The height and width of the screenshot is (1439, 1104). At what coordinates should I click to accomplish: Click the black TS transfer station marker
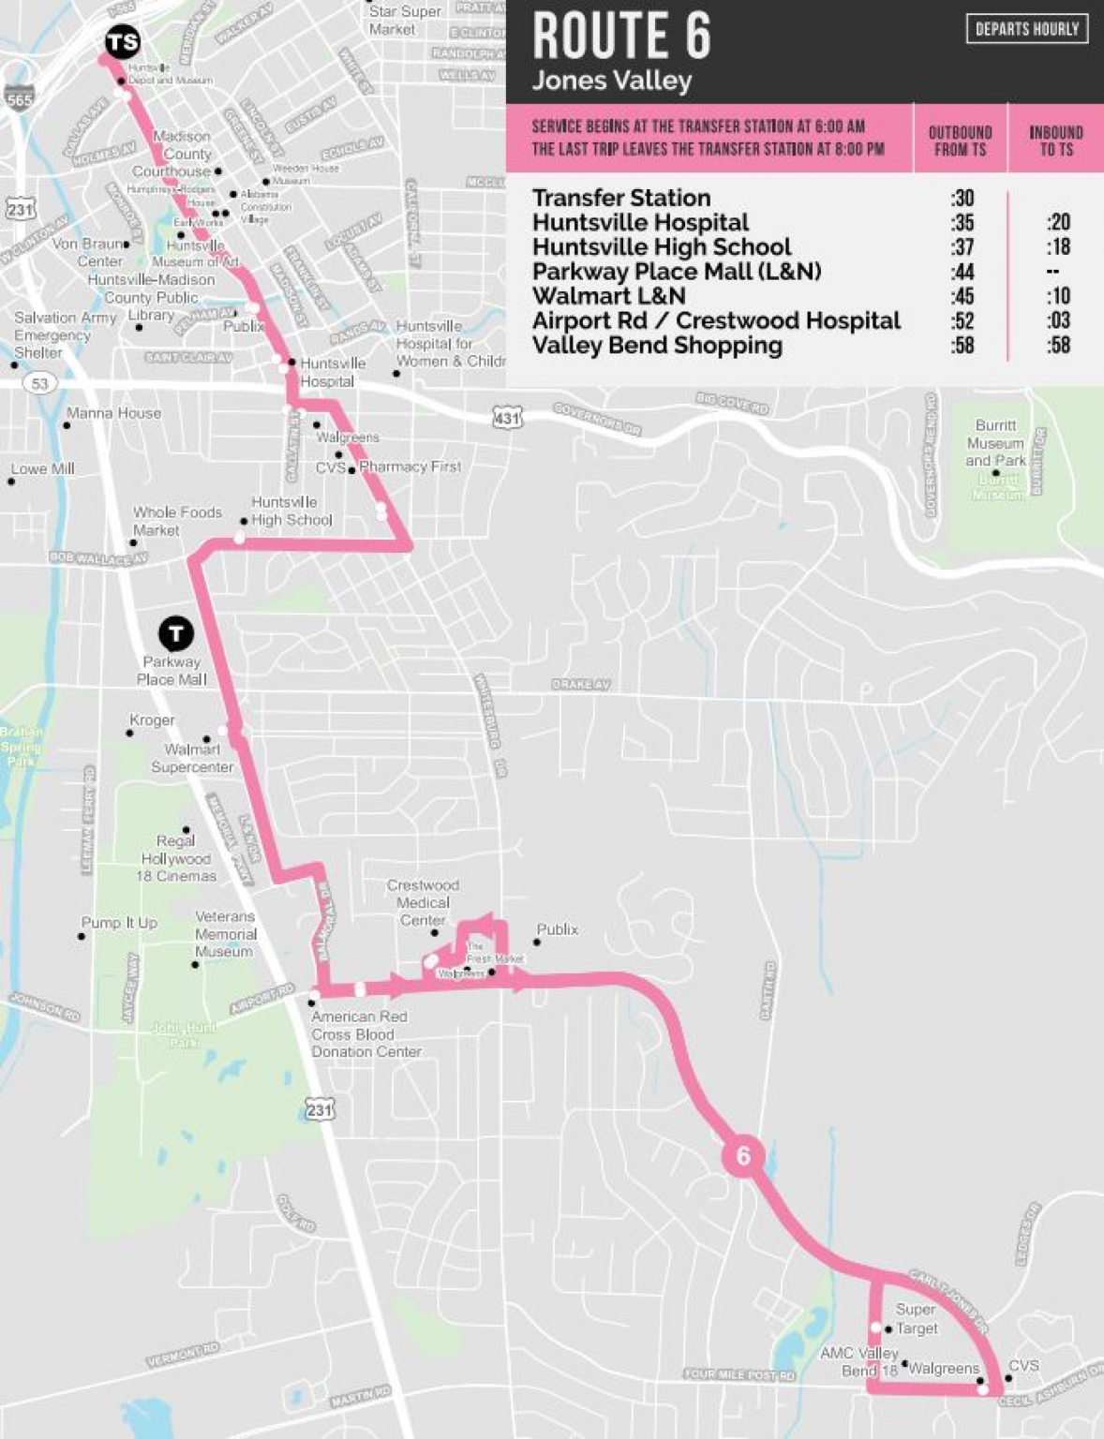pyautogui.click(x=122, y=41)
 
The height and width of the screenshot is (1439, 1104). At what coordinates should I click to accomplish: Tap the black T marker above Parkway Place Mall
pyautogui.click(x=175, y=634)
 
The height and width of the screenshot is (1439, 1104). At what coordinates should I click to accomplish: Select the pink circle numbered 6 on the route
pyautogui.click(x=743, y=1155)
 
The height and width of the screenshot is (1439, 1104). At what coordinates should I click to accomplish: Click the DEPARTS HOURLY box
pyautogui.click(x=1026, y=29)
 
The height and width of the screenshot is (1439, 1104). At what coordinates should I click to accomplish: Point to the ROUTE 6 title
pyautogui.click(x=621, y=36)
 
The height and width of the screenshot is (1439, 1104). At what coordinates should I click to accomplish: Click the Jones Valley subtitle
pyautogui.click(x=611, y=81)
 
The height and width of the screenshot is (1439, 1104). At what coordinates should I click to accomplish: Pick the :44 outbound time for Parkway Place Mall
pyautogui.click(x=962, y=272)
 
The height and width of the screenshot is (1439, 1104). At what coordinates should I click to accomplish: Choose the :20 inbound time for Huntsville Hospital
pyautogui.click(x=1058, y=222)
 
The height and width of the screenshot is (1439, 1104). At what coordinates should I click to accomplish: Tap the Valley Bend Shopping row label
pyautogui.click(x=657, y=345)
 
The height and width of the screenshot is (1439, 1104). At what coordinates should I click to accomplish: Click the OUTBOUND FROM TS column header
pyautogui.click(x=960, y=141)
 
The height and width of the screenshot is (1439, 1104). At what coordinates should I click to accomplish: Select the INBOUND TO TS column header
pyautogui.click(x=1055, y=141)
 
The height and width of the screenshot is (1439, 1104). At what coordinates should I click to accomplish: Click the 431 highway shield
pyautogui.click(x=507, y=418)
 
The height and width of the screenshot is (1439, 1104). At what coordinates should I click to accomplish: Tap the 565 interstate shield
pyautogui.click(x=19, y=98)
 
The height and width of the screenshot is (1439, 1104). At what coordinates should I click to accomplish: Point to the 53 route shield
pyautogui.click(x=39, y=383)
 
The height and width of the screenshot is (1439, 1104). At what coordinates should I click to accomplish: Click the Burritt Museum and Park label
pyautogui.click(x=995, y=443)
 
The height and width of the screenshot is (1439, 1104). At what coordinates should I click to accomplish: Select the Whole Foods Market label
pyautogui.click(x=176, y=521)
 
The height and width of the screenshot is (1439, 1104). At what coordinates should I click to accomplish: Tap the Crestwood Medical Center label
pyautogui.click(x=423, y=902)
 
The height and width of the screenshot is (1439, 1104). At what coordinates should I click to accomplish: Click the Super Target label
pyautogui.click(x=916, y=1318)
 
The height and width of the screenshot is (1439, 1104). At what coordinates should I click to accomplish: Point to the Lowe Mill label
pyautogui.click(x=43, y=468)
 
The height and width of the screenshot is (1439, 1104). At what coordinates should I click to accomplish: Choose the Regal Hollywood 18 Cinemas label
pyautogui.click(x=176, y=858)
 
